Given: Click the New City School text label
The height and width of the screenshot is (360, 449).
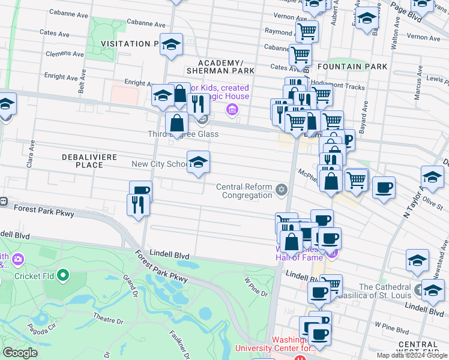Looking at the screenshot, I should click(159, 164).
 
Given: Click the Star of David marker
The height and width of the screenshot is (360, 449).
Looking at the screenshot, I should click(281, 191).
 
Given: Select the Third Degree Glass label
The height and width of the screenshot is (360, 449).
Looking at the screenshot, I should click(183, 134).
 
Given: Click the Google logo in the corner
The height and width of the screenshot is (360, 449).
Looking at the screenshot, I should click(20, 353).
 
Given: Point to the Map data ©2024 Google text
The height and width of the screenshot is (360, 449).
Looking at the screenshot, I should click(411, 355).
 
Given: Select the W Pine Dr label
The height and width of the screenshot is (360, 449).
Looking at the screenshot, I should click(255, 285).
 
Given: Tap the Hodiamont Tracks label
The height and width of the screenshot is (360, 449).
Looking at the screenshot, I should click(345, 87).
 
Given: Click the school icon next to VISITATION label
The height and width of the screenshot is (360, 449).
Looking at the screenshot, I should click(172, 46).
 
